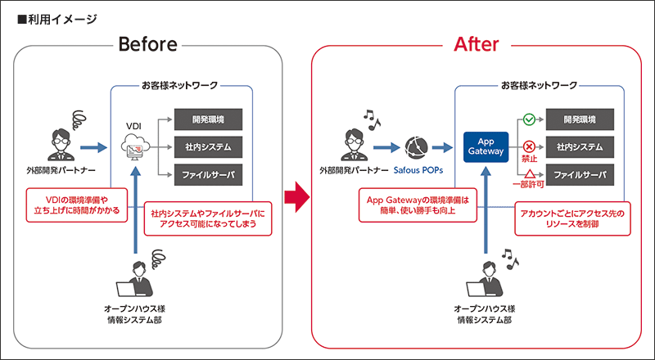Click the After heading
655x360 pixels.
[476, 44]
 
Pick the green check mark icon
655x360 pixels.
[529, 120]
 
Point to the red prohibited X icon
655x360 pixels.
[529, 146]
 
